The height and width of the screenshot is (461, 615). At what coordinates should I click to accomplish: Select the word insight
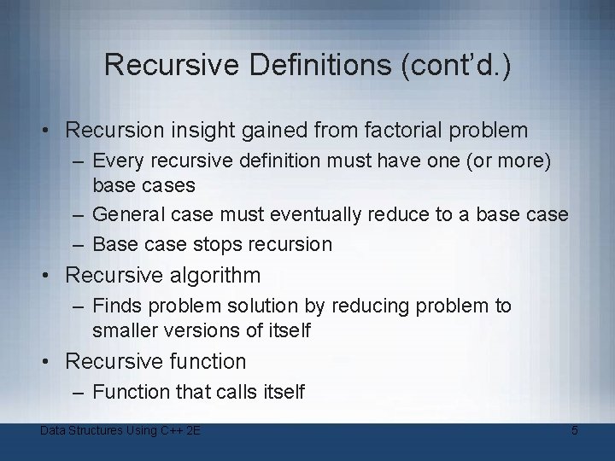pos(199,131)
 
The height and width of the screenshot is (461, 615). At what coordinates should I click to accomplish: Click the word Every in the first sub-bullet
pos(117,160)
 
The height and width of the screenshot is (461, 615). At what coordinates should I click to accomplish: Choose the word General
pos(130,214)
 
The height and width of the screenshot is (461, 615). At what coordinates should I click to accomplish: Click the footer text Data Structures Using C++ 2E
pos(120,431)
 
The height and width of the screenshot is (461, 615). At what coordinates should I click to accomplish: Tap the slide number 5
pos(575,431)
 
